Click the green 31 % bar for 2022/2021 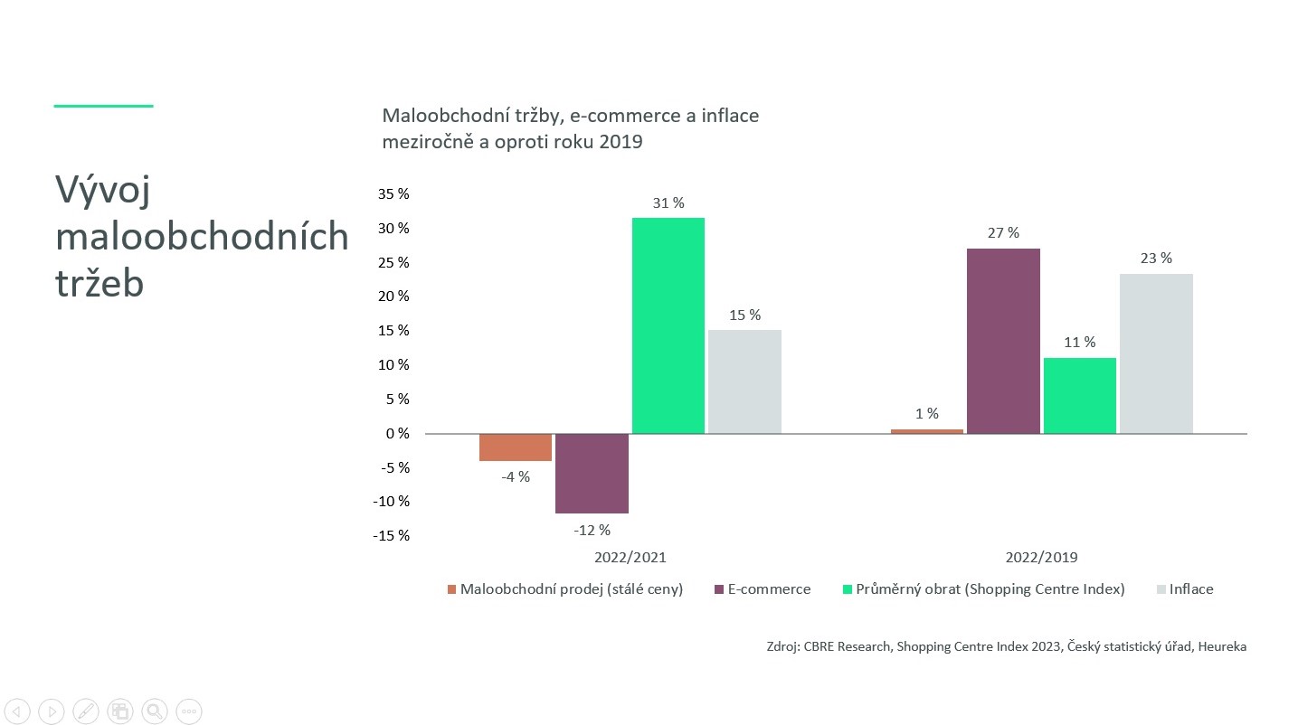tap(668, 325)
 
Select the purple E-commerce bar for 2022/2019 tap(1003, 341)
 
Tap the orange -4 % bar tap(516, 447)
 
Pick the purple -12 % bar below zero tap(592, 473)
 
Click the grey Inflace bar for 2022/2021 tap(744, 381)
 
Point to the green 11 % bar tap(1079, 396)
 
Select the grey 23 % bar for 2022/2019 tap(1156, 353)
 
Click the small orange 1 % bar tap(926, 431)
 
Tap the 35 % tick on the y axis tap(393, 194)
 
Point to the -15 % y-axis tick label tap(391, 536)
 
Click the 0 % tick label tap(397, 433)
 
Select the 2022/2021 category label tap(630, 557)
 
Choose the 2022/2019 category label tap(1041, 557)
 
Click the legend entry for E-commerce tap(763, 588)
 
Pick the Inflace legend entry tap(1185, 588)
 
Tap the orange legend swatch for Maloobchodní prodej tap(452, 589)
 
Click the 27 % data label tap(1003, 233)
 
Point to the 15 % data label tap(744, 315)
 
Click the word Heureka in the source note tap(1222, 646)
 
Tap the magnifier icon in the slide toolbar tap(155, 711)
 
